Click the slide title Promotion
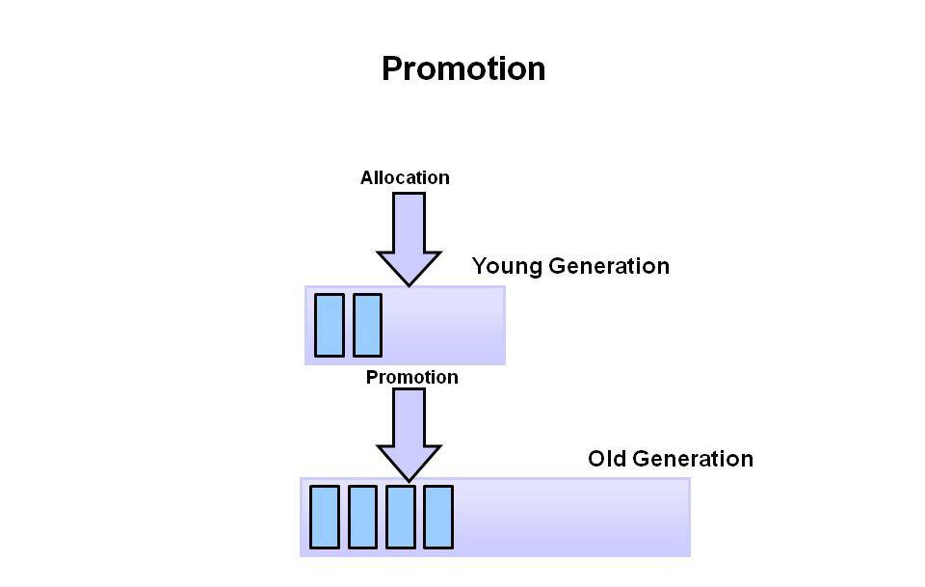[x=463, y=68]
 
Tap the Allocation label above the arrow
[x=405, y=177]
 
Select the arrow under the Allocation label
[x=409, y=236]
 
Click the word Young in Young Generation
[x=502, y=266]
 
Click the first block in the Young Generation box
[x=330, y=325]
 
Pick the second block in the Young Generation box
[x=367, y=325]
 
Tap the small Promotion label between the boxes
[x=411, y=377]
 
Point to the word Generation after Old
[x=692, y=459]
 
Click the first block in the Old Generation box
[x=325, y=517]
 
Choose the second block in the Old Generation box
[x=362, y=517]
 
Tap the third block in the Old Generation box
[x=401, y=517]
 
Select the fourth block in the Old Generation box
[x=438, y=517]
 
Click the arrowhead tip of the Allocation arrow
[x=409, y=283]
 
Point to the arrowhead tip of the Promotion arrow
[x=409, y=478]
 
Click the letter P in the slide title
[x=392, y=68]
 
